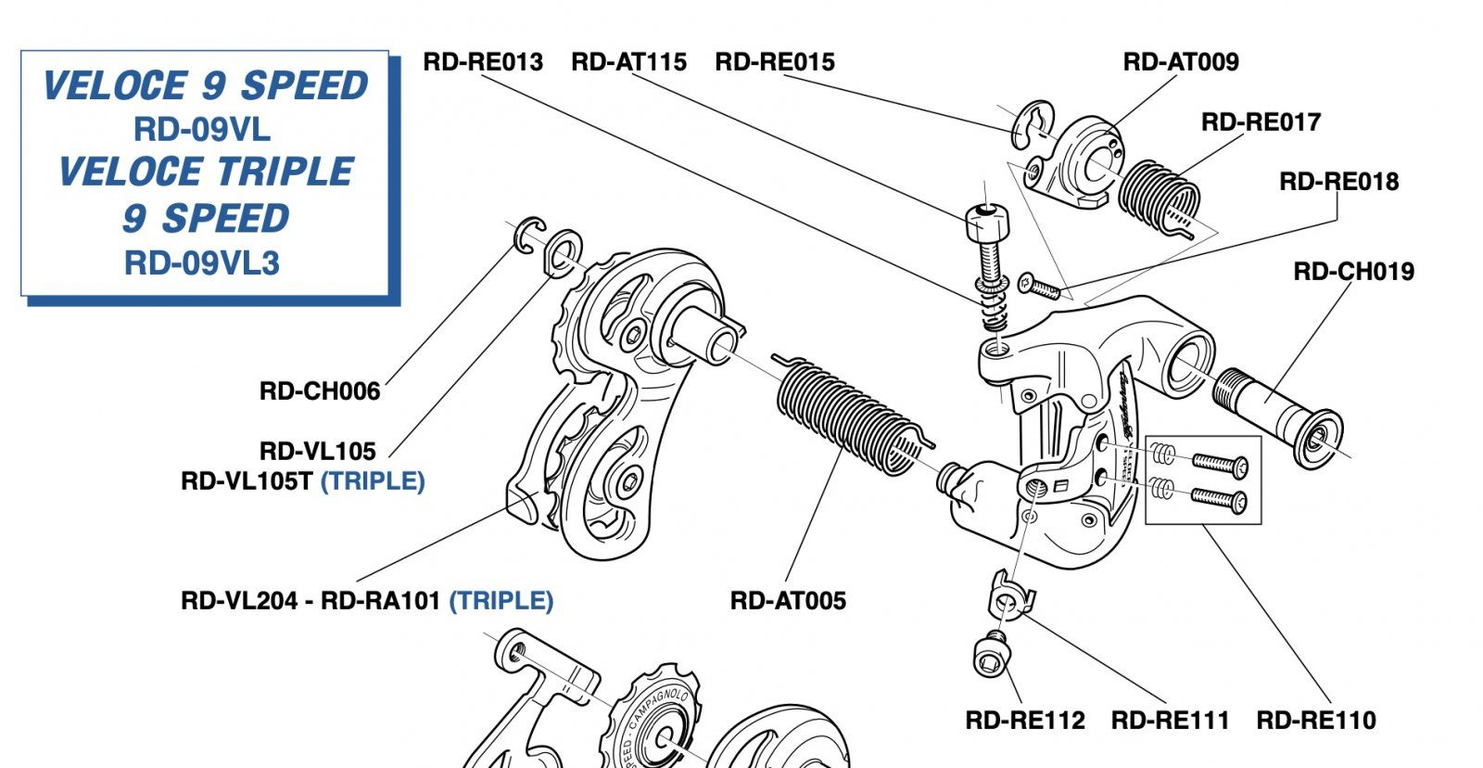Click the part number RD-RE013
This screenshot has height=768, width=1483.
483,62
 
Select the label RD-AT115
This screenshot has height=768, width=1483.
628,62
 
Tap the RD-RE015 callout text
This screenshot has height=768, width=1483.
775,62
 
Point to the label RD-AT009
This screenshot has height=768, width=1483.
1181,62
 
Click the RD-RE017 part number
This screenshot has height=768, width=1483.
1261,122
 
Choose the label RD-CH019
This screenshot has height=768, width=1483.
1353,272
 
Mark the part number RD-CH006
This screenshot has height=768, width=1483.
320,391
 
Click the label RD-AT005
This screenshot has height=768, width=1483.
788,601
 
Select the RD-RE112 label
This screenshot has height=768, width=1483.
1025,721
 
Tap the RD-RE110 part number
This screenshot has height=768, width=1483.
1316,721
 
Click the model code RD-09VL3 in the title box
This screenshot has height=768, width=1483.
202,263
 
